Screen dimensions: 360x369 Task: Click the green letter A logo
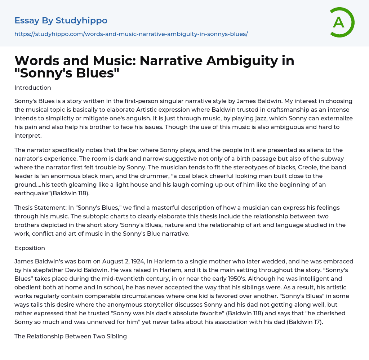tap(340, 22)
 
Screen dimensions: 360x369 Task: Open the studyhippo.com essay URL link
tap(131, 34)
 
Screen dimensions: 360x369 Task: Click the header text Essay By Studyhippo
tap(61, 21)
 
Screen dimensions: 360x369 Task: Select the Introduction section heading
tap(33, 88)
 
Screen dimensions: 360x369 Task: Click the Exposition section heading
tap(30, 248)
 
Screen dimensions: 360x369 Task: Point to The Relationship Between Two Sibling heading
tap(71, 336)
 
